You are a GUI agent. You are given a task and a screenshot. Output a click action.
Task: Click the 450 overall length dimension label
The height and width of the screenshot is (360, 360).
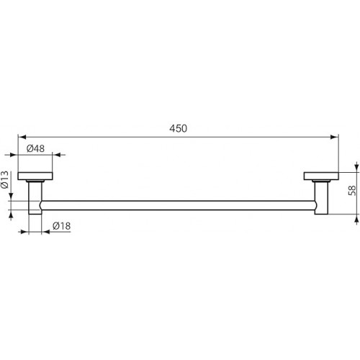tap(178, 129)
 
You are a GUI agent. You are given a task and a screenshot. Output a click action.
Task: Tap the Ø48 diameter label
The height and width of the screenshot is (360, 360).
tap(35, 148)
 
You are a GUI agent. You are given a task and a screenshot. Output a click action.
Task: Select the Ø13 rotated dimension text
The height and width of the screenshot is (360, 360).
tap(5, 179)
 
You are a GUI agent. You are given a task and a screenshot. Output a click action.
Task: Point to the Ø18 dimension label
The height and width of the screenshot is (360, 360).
tap(61, 226)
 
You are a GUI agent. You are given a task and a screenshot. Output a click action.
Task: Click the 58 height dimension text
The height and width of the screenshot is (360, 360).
tap(352, 191)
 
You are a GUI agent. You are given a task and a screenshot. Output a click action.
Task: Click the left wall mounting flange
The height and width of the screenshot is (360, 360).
tap(35, 176)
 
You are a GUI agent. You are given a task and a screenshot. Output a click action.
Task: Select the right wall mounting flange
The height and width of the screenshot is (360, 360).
tap(321, 176)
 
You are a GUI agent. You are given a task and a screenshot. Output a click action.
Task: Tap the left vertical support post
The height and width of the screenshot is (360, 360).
tap(35, 197)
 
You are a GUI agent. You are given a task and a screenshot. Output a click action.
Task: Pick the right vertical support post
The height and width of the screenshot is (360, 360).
tap(321, 197)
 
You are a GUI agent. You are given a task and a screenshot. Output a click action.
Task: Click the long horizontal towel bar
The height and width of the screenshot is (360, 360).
tap(178, 205)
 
